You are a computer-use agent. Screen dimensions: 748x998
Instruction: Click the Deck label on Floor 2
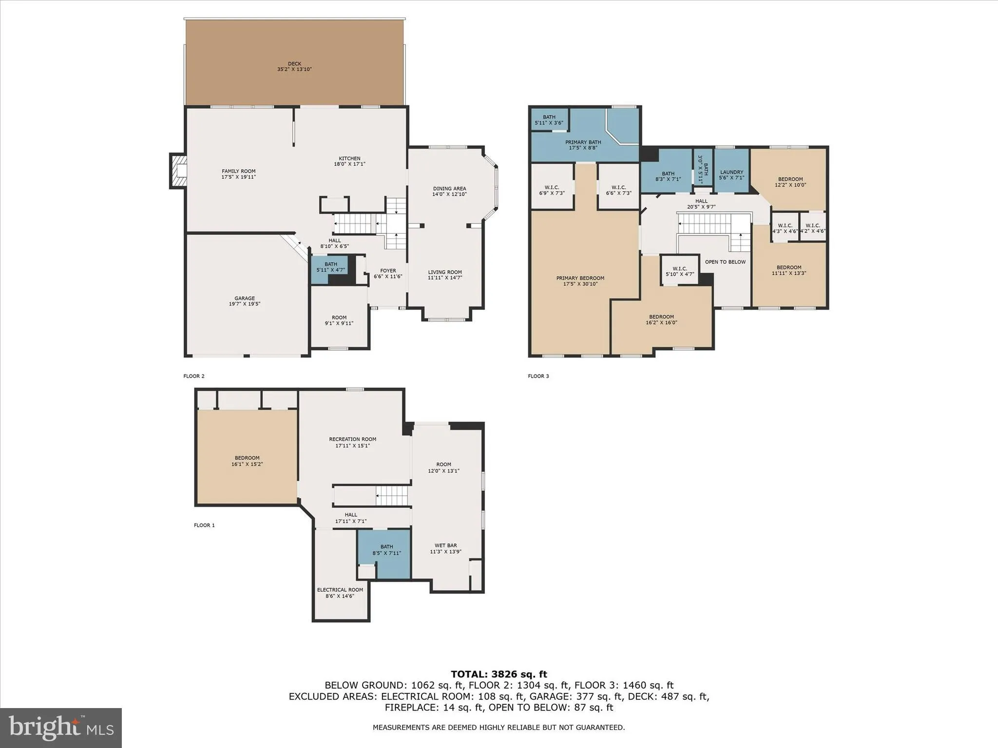(x=294, y=64)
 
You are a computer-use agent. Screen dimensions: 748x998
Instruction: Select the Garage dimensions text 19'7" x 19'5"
(x=245, y=304)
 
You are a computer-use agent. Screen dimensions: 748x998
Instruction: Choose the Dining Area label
(x=449, y=188)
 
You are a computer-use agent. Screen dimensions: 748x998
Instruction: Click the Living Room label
(x=445, y=272)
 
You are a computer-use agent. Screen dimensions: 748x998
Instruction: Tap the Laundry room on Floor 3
(x=731, y=172)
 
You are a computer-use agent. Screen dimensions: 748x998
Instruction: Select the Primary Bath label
(x=583, y=142)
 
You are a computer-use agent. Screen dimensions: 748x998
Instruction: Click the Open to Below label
(x=725, y=262)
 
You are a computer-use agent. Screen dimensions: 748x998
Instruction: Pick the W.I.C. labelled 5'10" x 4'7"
(x=679, y=272)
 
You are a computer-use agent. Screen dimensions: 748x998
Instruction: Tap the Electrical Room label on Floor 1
(x=340, y=590)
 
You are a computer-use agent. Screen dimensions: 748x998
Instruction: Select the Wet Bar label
(x=445, y=545)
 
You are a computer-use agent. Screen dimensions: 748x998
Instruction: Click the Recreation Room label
(x=352, y=439)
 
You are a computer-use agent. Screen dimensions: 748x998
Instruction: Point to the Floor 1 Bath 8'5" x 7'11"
(x=386, y=550)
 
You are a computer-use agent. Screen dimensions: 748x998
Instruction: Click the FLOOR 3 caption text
(x=538, y=376)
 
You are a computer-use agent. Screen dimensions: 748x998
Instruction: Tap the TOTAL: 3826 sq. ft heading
(x=499, y=674)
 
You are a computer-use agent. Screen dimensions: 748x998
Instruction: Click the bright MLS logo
(x=61, y=728)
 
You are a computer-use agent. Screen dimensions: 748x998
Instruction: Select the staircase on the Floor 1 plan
(x=391, y=497)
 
